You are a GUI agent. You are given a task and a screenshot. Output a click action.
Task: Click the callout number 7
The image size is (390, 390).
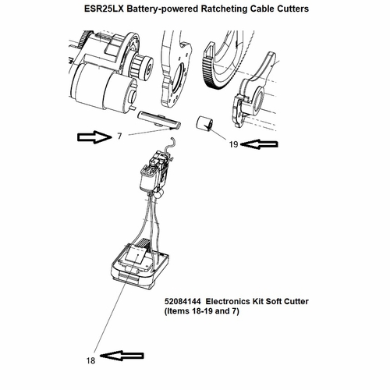(119, 136)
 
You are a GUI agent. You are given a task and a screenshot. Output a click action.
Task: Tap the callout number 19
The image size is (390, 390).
(233, 144)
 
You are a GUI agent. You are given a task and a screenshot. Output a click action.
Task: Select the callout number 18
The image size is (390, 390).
(90, 360)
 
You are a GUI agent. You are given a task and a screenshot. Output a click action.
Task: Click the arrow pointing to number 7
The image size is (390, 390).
(94, 136)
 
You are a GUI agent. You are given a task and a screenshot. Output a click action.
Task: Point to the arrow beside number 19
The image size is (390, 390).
(259, 144)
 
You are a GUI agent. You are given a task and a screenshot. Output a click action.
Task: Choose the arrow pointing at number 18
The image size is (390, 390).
(122, 356)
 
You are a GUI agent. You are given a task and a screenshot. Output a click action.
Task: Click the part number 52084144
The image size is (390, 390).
(183, 301)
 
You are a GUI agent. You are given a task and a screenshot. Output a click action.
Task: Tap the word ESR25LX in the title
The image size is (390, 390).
(104, 9)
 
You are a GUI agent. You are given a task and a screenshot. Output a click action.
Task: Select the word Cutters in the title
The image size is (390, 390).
(292, 9)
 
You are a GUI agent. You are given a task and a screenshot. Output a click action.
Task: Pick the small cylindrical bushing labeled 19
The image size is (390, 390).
(204, 122)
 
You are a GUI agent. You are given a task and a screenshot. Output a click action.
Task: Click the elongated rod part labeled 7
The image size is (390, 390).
(159, 119)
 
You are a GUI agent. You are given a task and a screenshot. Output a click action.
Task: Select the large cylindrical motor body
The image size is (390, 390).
(104, 88)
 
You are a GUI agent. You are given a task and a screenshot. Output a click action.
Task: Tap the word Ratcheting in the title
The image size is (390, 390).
(223, 9)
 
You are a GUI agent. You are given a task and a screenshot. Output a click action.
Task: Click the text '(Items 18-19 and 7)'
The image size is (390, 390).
(201, 311)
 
